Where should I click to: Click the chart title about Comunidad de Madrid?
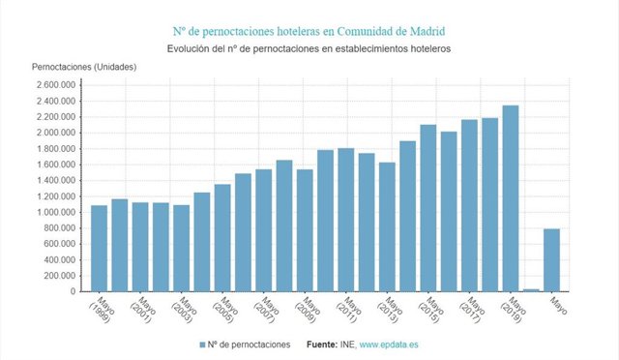(309, 30)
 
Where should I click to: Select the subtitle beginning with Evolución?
(309, 48)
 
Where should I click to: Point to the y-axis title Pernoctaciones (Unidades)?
(84, 67)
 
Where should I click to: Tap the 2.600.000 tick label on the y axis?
(55, 85)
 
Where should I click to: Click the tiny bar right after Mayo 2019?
(531, 289)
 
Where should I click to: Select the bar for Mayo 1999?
(99, 248)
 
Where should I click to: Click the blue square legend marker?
(203, 344)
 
